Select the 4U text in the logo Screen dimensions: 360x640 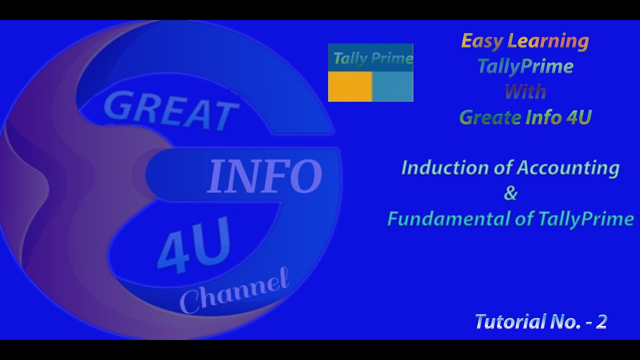tap(195, 245)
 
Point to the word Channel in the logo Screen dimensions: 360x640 tap(234, 292)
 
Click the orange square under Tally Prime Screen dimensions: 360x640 tap(350, 86)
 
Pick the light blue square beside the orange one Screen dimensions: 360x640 tap(392, 86)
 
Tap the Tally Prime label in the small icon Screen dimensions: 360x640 tap(372, 58)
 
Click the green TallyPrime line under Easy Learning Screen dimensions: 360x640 tap(525, 66)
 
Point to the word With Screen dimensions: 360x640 tap(525, 92)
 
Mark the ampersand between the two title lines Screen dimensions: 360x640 tap(510, 193)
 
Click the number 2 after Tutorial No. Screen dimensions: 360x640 tap(601, 322)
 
